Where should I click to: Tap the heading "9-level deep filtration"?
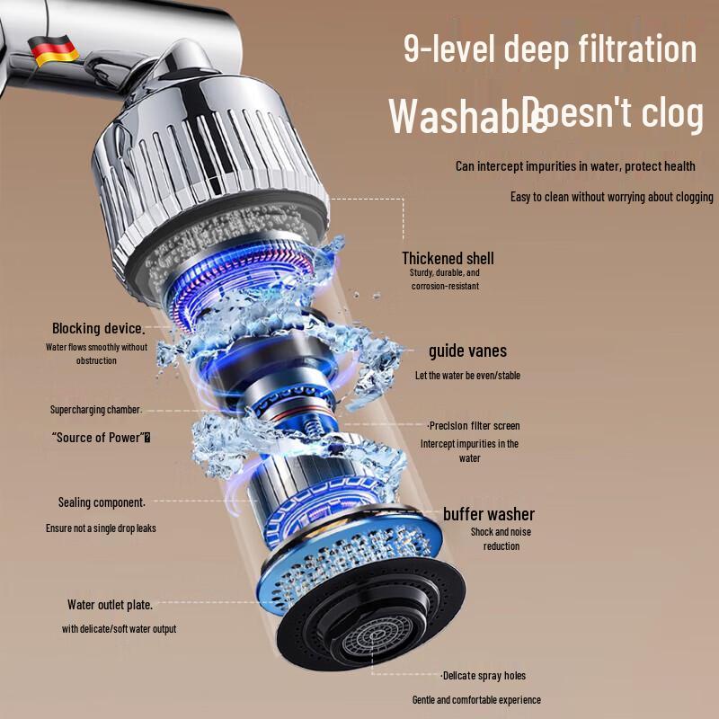coord(550,49)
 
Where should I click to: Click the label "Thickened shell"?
coord(448,259)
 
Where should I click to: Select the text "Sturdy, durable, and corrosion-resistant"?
coord(446,279)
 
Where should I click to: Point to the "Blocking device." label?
coord(98,328)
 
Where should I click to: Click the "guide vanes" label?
coord(467,351)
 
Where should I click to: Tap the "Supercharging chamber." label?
coord(96,410)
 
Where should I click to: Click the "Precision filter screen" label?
coord(474,425)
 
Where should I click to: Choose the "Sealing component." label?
coord(102,502)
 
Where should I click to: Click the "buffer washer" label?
coord(489,514)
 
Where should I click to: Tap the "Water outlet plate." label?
coord(110,605)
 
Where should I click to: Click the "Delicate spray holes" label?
coord(484,675)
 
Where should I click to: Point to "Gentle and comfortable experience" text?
coord(476,699)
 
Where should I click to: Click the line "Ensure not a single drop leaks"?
coord(101,528)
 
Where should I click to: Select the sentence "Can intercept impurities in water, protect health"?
coord(575,166)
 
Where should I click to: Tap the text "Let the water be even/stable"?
coord(467,375)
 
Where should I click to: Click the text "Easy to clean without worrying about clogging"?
coord(611,197)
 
